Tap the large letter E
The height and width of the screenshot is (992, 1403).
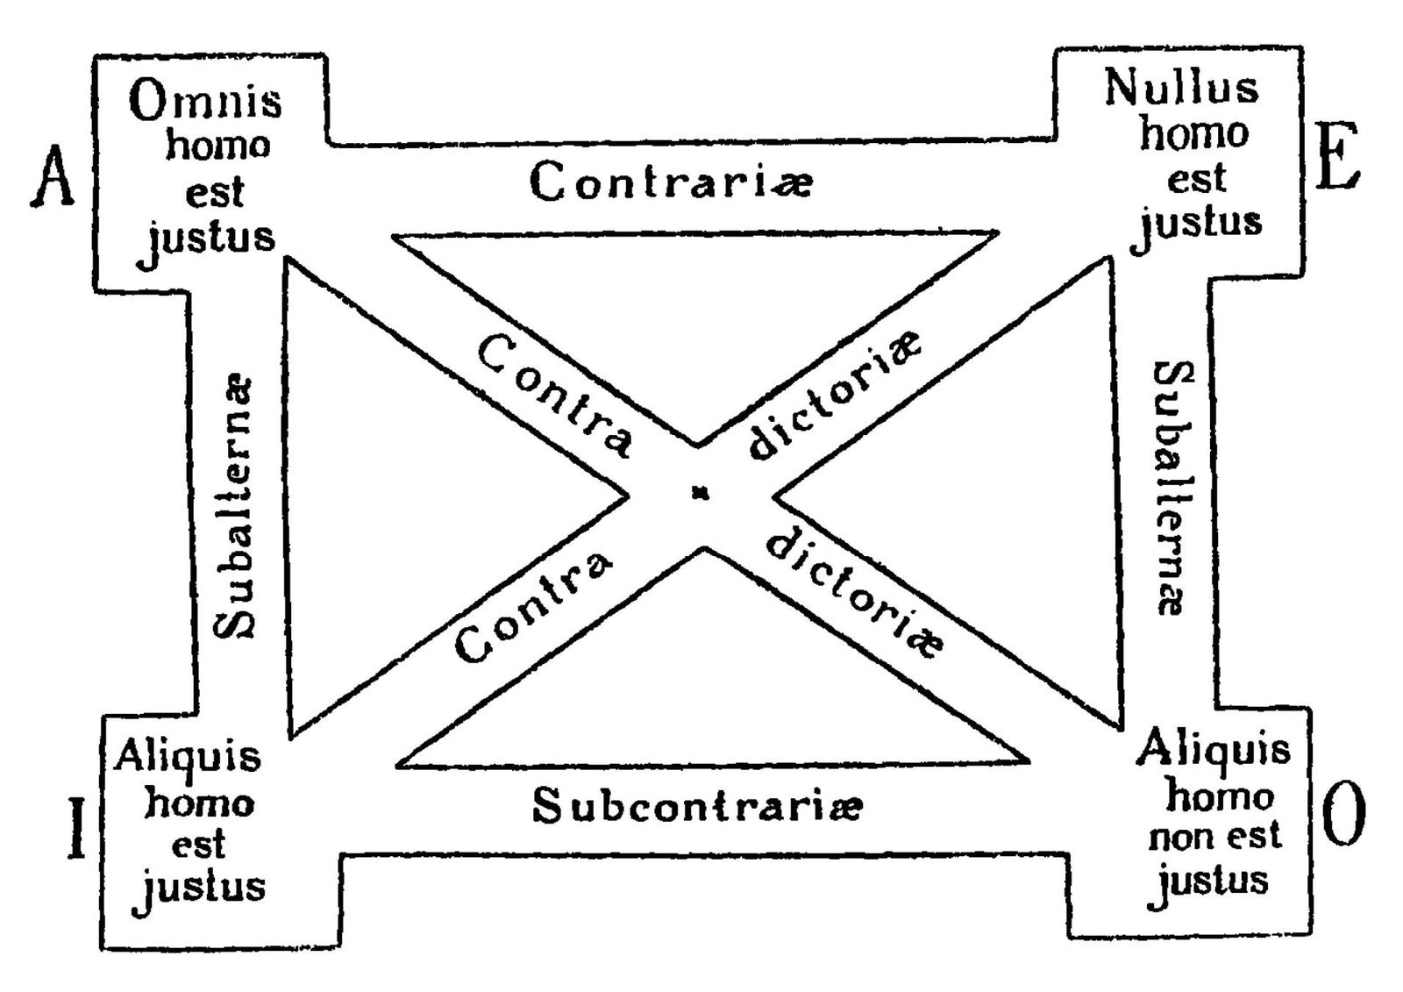pos(1336,157)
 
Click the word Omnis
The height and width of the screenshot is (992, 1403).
pos(206,102)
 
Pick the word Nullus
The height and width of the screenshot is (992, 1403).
pos(1180,88)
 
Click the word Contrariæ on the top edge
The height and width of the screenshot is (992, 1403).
pos(672,182)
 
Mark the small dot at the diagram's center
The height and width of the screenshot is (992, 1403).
pos(699,495)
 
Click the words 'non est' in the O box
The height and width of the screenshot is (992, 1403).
pos(1214,836)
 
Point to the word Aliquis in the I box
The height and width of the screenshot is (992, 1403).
pos(188,756)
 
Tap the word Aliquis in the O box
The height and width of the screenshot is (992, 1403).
pos(1213,751)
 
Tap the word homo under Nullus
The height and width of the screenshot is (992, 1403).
pos(1193,134)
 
